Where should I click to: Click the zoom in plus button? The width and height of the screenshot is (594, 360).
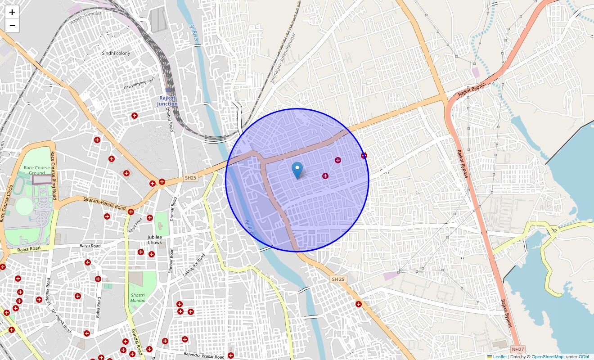tap(12, 12)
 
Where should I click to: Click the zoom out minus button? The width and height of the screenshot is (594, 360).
tap(12, 26)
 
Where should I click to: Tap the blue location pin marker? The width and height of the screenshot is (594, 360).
tap(297, 171)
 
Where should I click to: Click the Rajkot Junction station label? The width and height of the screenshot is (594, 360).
tap(167, 101)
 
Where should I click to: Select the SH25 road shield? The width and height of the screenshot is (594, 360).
tap(191, 178)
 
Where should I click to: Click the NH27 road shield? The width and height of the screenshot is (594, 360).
tap(518, 349)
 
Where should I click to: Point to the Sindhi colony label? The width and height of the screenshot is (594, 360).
tap(116, 53)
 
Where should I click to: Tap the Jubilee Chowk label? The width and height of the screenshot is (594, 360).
tap(154, 239)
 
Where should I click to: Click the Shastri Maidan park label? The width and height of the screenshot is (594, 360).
tap(138, 298)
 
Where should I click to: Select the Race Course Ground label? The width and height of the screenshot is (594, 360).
tap(37, 170)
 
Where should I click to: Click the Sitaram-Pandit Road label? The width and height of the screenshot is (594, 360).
tap(104, 203)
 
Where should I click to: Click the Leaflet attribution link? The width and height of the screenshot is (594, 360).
tap(499, 356)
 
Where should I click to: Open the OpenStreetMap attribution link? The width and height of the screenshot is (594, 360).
tap(547, 356)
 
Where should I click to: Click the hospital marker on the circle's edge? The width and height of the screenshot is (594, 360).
tap(364, 156)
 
